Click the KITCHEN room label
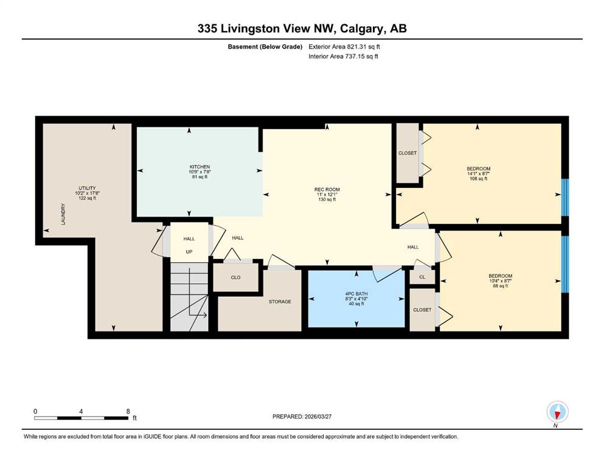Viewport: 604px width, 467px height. pos(200,167)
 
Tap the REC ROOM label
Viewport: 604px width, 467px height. pos(327,190)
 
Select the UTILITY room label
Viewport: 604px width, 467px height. pos(87,189)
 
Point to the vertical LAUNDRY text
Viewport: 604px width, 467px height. pos(63,215)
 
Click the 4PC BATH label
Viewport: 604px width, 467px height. pos(356,294)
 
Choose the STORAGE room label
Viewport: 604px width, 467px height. pos(280,302)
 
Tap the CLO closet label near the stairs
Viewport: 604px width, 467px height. pos(236,277)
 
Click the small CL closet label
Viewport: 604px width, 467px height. pos(422,277)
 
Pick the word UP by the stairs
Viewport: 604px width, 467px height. pos(189,252)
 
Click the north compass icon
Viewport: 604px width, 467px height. pos(557,412)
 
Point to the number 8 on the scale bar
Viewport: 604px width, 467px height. pos(128,411)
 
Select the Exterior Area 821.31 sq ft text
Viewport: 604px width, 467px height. pos(344,47)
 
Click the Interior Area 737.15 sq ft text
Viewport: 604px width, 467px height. pos(343,56)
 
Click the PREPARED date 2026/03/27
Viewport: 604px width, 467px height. pos(318,417)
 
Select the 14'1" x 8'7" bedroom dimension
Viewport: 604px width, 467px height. pos(479,174)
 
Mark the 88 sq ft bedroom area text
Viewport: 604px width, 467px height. pos(501,286)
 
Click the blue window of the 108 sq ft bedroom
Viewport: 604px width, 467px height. pos(565,197)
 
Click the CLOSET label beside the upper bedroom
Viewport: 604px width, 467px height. pos(408,153)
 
